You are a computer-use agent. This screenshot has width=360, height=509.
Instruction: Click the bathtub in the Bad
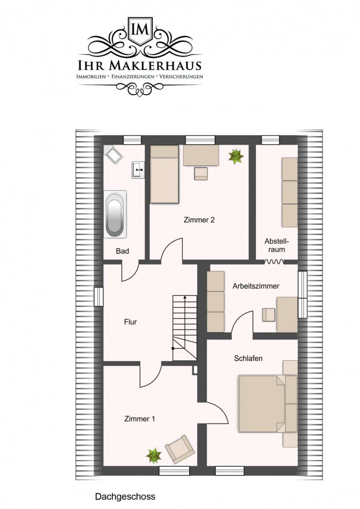115,213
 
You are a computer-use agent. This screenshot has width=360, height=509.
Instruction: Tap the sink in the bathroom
139,170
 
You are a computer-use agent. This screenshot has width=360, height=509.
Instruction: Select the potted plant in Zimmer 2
236,156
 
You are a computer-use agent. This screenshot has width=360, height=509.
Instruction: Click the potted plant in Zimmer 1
154,455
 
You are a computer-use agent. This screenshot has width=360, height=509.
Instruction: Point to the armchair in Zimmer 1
179,449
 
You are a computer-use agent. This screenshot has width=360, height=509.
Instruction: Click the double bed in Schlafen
262,403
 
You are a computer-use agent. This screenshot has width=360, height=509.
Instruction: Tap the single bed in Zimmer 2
164,174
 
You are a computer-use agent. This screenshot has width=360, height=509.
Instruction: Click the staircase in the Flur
185,328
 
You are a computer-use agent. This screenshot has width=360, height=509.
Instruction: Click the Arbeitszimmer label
256,286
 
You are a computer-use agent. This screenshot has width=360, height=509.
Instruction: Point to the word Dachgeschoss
125,497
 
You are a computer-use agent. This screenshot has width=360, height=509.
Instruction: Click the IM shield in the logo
140,29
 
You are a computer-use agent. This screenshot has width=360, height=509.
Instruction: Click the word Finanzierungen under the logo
133,77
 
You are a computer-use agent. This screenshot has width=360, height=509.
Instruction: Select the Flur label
130,322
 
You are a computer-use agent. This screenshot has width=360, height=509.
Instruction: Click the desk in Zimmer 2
201,155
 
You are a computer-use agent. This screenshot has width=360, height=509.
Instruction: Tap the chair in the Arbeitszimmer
268,315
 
